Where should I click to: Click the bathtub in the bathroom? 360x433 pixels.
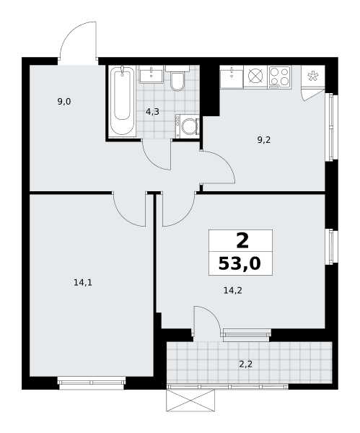pos(122,101)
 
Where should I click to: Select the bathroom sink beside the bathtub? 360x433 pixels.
pos(151,74)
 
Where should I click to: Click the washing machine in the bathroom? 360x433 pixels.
pos(188,126)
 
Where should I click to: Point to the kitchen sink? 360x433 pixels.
pos(232,76)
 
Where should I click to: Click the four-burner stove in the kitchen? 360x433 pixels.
pos(279,76)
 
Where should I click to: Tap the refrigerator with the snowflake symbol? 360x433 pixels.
pos(313,76)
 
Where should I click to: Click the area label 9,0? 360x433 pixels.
pos(64,102)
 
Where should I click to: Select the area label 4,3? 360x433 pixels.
pos(152,112)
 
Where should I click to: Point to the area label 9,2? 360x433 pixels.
pos(264,140)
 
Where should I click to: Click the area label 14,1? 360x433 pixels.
pos(83,282)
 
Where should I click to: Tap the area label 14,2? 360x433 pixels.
pos(233,290)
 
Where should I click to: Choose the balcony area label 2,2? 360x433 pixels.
pos(246,364)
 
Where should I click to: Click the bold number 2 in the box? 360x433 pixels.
pos(242,240)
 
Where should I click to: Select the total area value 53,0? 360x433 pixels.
pos(240,263)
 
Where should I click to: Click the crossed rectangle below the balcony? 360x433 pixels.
pos(190,400)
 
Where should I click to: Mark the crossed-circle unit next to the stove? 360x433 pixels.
pos(255,76)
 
